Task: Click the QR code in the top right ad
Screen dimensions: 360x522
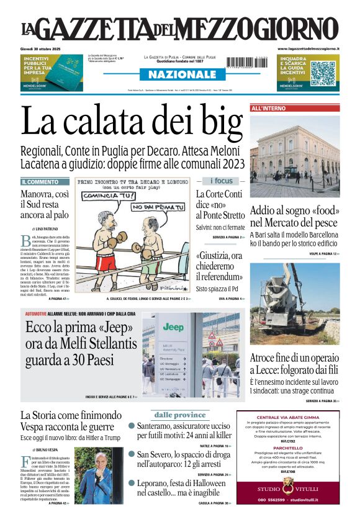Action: (323, 73)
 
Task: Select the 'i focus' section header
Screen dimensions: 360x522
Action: (221, 181)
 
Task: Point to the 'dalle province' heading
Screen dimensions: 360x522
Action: (180, 415)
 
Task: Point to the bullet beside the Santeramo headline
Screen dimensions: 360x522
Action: (132, 426)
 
